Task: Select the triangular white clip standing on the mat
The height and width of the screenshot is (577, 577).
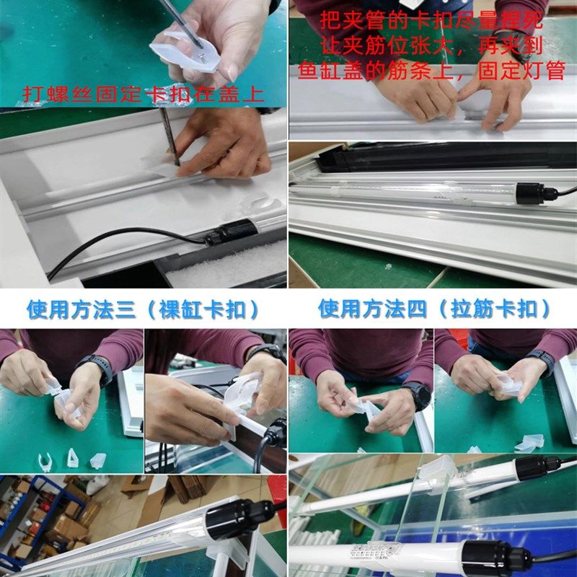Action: [73, 457]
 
